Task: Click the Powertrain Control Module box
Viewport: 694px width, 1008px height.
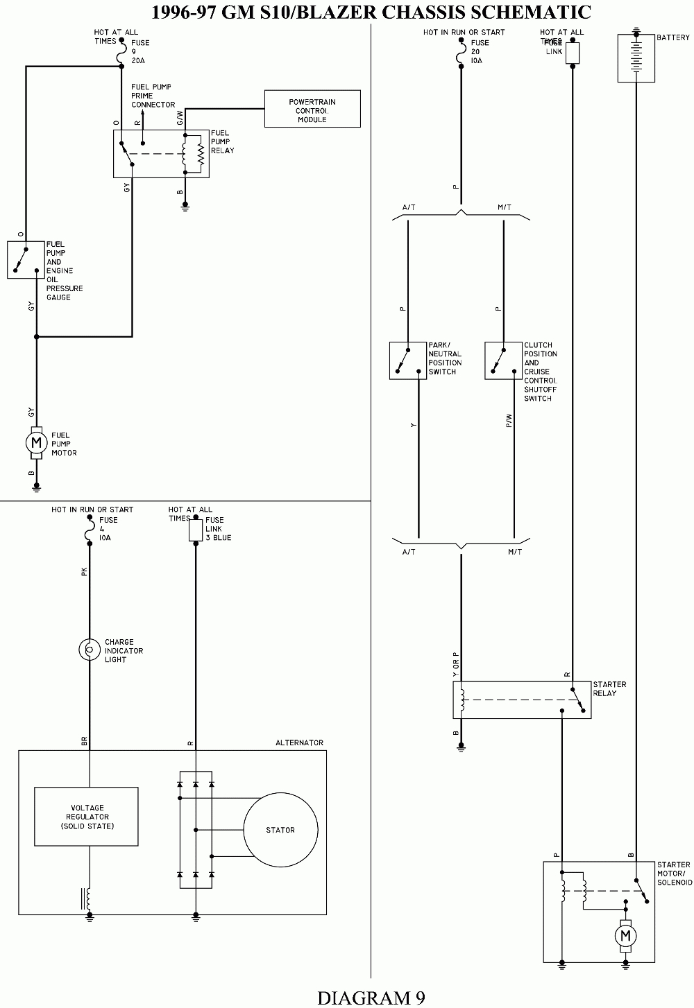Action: coord(312,109)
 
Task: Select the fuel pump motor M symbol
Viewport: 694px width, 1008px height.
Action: coord(37,442)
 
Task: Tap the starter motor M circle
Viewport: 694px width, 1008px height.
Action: coord(625,936)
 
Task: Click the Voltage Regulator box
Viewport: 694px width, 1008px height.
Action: coord(87,817)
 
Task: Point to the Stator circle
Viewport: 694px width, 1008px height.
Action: coord(280,830)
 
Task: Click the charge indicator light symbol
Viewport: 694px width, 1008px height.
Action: coord(90,650)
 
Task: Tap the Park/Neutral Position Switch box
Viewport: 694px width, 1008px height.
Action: coord(408,360)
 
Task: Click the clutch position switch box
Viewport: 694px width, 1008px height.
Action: coord(503,360)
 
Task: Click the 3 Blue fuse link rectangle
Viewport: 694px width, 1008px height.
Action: coord(196,532)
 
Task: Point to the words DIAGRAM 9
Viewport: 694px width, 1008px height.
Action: coord(371,997)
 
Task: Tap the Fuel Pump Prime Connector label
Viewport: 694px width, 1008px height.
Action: coord(153,96)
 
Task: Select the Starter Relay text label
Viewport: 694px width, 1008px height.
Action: coord(609,688)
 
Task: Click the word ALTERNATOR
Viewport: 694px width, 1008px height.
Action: coord(299,742)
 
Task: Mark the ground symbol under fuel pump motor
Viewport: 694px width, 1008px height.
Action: coord(37,488)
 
